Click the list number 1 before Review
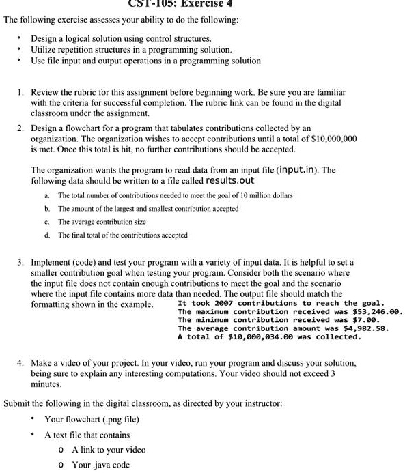(x=22, y=91)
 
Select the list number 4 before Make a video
(x=22, y=363)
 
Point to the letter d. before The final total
(x=46, y=235)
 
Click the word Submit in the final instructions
(x=18, y=403)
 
